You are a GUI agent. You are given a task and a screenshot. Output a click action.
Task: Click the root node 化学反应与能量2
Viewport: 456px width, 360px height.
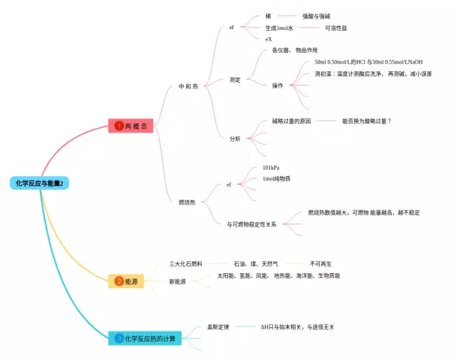(39, 183)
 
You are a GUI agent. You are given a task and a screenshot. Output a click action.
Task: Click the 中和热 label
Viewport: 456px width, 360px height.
(189, 87)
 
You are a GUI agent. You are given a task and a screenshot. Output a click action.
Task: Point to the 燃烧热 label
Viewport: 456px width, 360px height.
(187, 202)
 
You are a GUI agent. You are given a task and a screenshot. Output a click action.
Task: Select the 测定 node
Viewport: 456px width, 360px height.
(235, 80)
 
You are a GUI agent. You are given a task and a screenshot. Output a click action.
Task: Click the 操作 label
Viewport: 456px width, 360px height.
(277, 86)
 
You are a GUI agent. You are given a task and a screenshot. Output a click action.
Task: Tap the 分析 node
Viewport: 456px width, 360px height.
(235, 138)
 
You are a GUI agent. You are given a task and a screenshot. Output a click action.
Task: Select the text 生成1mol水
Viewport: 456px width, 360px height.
(279, 28)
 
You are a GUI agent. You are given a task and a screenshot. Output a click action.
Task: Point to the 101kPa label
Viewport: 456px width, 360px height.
(271, 168)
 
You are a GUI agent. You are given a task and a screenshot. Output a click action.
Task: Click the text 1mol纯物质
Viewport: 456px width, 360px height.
(276, 179)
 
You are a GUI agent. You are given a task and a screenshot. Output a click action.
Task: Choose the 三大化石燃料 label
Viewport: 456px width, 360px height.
(186, 264)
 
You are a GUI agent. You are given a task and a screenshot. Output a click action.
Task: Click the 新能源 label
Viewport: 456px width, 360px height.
(177, 282)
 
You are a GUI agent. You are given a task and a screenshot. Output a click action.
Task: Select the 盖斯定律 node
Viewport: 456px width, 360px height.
(218, 326)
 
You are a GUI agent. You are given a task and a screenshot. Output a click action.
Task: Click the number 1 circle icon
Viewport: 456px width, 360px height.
(119, 125)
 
